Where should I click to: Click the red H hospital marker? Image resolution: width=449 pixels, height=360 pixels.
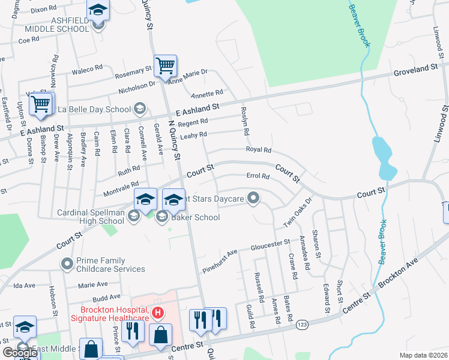tap(157, 313)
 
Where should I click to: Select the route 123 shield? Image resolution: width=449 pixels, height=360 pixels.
tap(303, 325)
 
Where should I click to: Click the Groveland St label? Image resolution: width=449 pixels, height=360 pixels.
tap(415, 70)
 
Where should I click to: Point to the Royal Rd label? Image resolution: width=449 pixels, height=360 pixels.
tap(259, 150)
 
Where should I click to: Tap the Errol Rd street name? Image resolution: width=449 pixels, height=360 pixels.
tap(259, 176)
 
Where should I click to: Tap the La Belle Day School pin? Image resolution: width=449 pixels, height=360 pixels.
tap(140, 109)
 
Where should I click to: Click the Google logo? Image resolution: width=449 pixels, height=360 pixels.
tap(20, 353)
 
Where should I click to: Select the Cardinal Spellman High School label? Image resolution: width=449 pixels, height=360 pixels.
tap(90, 217)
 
